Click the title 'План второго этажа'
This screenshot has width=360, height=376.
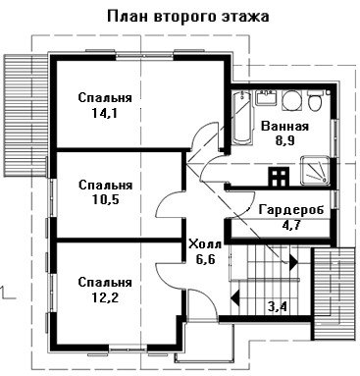coord(188,16)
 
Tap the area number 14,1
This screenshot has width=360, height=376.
coord(105,113)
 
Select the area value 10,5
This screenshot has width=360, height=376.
coord(105,199)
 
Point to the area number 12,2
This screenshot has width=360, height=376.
coord(105,297)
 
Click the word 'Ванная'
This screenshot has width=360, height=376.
coord(284,127)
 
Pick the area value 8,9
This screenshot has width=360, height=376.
coord(284,140)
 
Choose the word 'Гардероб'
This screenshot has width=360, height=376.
coord(291,210)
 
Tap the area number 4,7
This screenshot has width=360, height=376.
coord(291,225)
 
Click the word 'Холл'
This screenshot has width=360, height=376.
coord(205,244)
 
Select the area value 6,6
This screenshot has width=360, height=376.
coord(205,259)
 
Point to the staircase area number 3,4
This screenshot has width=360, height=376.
coord(278,307)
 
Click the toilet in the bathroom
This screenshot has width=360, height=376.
coord(315,100)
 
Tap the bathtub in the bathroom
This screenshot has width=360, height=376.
coord(242,118)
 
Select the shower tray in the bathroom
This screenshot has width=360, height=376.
coord(316,170)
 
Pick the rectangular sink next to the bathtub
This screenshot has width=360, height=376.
coord(266,98)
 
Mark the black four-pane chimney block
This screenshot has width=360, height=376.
coord(279,177)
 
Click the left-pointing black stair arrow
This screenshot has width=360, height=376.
coord(234,297)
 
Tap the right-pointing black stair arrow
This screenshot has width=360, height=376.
coord(293,262)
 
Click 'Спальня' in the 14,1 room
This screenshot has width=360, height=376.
coord(105,98)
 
